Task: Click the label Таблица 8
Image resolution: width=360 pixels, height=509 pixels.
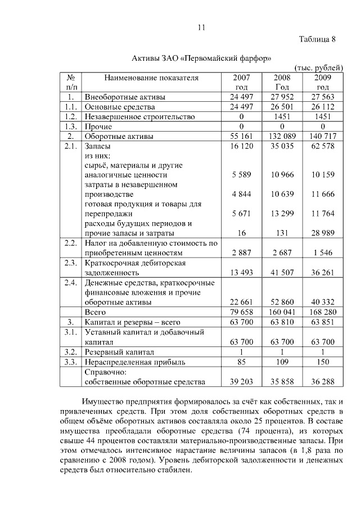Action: (317, 39)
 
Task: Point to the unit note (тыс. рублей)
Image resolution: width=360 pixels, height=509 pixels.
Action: (318, 68)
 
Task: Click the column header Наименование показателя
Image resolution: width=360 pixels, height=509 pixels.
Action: (143, 78)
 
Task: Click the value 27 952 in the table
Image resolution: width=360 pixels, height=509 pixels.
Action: (282, 97)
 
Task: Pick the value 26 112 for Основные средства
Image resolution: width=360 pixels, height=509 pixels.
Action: (322, 107)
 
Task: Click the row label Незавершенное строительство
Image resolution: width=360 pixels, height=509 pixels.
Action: (139, 116)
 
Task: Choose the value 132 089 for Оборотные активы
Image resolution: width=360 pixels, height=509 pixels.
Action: (282, 136)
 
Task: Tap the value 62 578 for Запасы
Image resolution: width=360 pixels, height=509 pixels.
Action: (322, 146)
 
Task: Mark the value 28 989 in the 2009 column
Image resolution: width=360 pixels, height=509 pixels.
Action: (322, 233)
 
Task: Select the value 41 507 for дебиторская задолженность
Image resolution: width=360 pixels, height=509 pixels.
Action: (282, 272)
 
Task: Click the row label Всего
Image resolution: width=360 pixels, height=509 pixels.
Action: (95, 312)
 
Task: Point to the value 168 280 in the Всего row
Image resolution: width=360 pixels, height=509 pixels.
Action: (322, 312)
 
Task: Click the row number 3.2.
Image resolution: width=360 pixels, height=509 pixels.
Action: (70, 352)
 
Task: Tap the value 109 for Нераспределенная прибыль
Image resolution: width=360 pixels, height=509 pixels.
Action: (282, 362)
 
